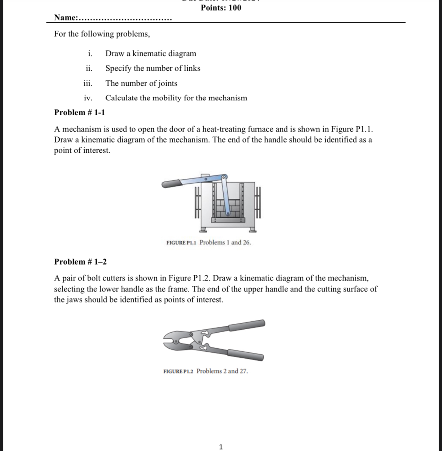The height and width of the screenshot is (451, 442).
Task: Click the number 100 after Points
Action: pyautogui.click(x=234, y=8)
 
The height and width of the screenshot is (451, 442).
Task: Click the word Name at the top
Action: pyautogui.click(x=65, y=17)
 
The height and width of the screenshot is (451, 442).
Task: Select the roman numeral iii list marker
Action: pyautogui.click(x=88, y=83)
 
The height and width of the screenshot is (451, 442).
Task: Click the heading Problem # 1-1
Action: pyautogui.click(x=80, y=112)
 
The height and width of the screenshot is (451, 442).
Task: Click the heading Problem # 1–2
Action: pyautogui.click(x=80, y=262)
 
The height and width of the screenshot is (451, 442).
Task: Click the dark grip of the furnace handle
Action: pyautogui.click(x=172, y=184)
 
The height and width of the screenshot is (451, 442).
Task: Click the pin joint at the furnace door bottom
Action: pyautogui.click(x=228, y=214)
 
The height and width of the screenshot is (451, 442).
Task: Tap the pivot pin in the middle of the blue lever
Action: pyautogui.click(x=206, y=178)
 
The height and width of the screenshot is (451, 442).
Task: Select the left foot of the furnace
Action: pyautogui.click(x=204, y=229)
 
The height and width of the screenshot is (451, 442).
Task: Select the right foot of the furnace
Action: pyautogui.click(x=252, y=229)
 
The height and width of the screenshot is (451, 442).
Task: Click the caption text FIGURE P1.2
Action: pyautogui.click(x=178, y=371)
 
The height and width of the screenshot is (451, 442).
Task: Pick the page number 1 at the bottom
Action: pyautogui.click(x=221, y=447)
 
